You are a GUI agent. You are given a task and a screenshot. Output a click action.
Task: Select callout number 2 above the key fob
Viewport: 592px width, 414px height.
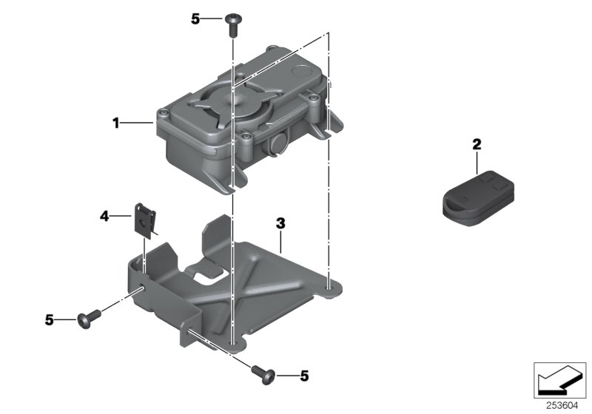(477, 143)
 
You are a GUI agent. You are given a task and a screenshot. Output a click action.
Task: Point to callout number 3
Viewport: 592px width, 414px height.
(280, 223)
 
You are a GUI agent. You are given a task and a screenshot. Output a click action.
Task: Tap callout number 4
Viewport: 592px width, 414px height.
(104, 217)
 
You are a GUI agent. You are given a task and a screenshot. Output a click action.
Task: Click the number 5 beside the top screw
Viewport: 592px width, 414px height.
(195, 19)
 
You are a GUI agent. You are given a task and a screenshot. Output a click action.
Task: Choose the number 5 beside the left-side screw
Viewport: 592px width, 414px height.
(49, 320)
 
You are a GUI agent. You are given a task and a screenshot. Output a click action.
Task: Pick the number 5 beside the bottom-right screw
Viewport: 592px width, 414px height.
(303, 376)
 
